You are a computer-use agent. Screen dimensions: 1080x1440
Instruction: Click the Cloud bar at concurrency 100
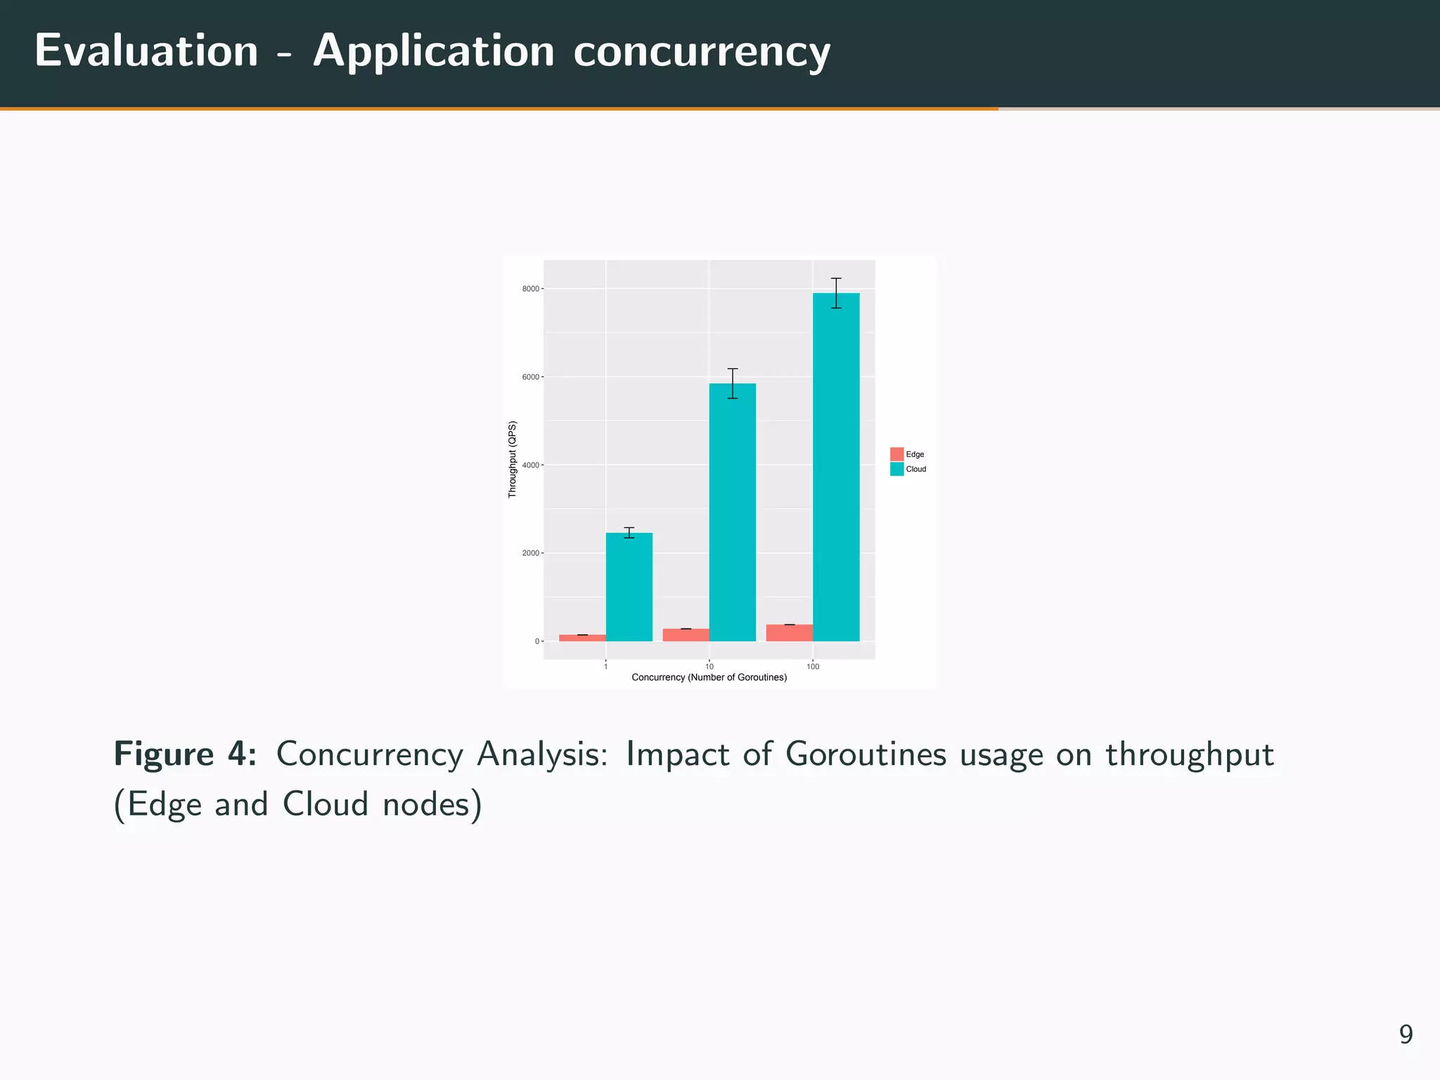tap(836, 467)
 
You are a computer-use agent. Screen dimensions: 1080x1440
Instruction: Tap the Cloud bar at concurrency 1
tap(629, 586)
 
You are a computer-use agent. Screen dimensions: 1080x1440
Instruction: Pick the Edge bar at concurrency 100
tap(789, 633)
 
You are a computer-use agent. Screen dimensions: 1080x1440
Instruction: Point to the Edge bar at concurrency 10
tap(686, 635)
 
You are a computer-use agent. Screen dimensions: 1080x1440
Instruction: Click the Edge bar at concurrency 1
tap(582, 638)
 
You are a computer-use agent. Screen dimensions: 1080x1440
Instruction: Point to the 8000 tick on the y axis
tap(531, 289)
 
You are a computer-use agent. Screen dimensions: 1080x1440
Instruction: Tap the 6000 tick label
tap(531, 377)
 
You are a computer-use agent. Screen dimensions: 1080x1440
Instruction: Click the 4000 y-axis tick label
tap(531, 465)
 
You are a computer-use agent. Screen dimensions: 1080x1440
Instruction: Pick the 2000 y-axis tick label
tap(531, 553)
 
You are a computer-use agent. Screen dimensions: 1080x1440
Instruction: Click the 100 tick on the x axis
tap(813, 667)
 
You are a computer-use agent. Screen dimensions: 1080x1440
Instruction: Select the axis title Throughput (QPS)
tap(513, 459)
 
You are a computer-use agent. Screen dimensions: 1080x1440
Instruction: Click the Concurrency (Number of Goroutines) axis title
tap(709, 678)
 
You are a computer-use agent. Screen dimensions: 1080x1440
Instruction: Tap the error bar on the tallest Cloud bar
tap(836, 292)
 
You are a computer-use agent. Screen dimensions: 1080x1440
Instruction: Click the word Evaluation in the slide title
tap(147, 51)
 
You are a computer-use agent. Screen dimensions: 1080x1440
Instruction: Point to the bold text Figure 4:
tap(185, 754)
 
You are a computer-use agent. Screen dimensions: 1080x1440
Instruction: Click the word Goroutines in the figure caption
tap(866, 754)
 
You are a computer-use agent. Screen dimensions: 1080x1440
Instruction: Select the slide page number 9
tap(1406, 1034)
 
